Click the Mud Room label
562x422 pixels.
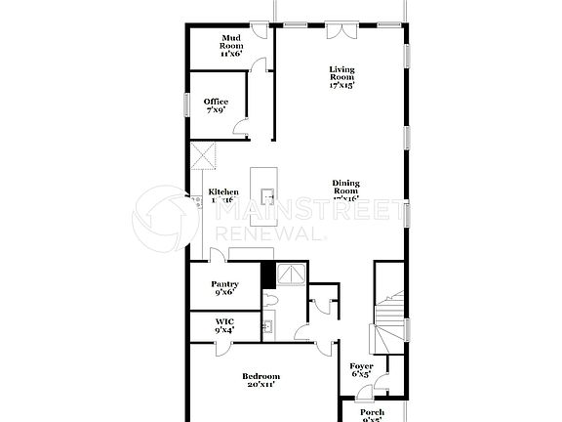(230, 46)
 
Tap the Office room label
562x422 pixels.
(216, 105)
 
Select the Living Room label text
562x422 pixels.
(341, 76)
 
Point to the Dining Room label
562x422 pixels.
(345, 190)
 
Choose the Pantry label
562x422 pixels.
(225, 287)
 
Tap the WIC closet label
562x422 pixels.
(224, 325)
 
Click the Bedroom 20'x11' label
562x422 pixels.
(261, 381)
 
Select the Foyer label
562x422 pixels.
(360, 368)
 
